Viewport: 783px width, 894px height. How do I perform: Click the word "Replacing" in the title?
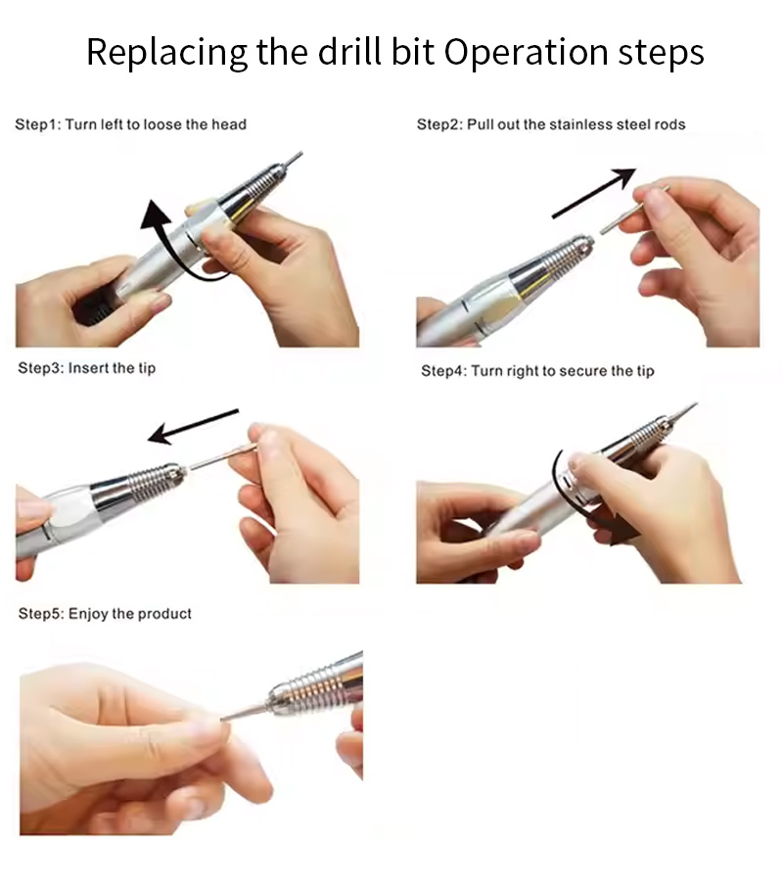[x=167, y=53]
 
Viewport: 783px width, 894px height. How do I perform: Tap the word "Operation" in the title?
[x=527, y=53]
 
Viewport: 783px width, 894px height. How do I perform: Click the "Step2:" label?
[x=439, y=124]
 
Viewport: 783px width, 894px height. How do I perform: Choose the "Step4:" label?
[x=444, y=370]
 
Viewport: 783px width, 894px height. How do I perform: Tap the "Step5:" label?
[x=41, y=614]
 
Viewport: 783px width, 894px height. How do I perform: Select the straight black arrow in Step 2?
[x=594, y=193]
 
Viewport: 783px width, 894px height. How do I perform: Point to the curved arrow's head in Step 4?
[x=624, y=532]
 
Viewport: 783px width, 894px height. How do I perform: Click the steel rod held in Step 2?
[x=633, y=210]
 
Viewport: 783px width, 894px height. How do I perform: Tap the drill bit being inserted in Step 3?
[x=221, y=458]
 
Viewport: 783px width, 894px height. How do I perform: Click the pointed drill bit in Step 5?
[x=244, y=711]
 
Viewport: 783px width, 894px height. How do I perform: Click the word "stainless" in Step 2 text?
[x=573, y=124]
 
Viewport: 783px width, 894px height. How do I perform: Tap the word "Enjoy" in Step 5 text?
[x=88, y=614]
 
